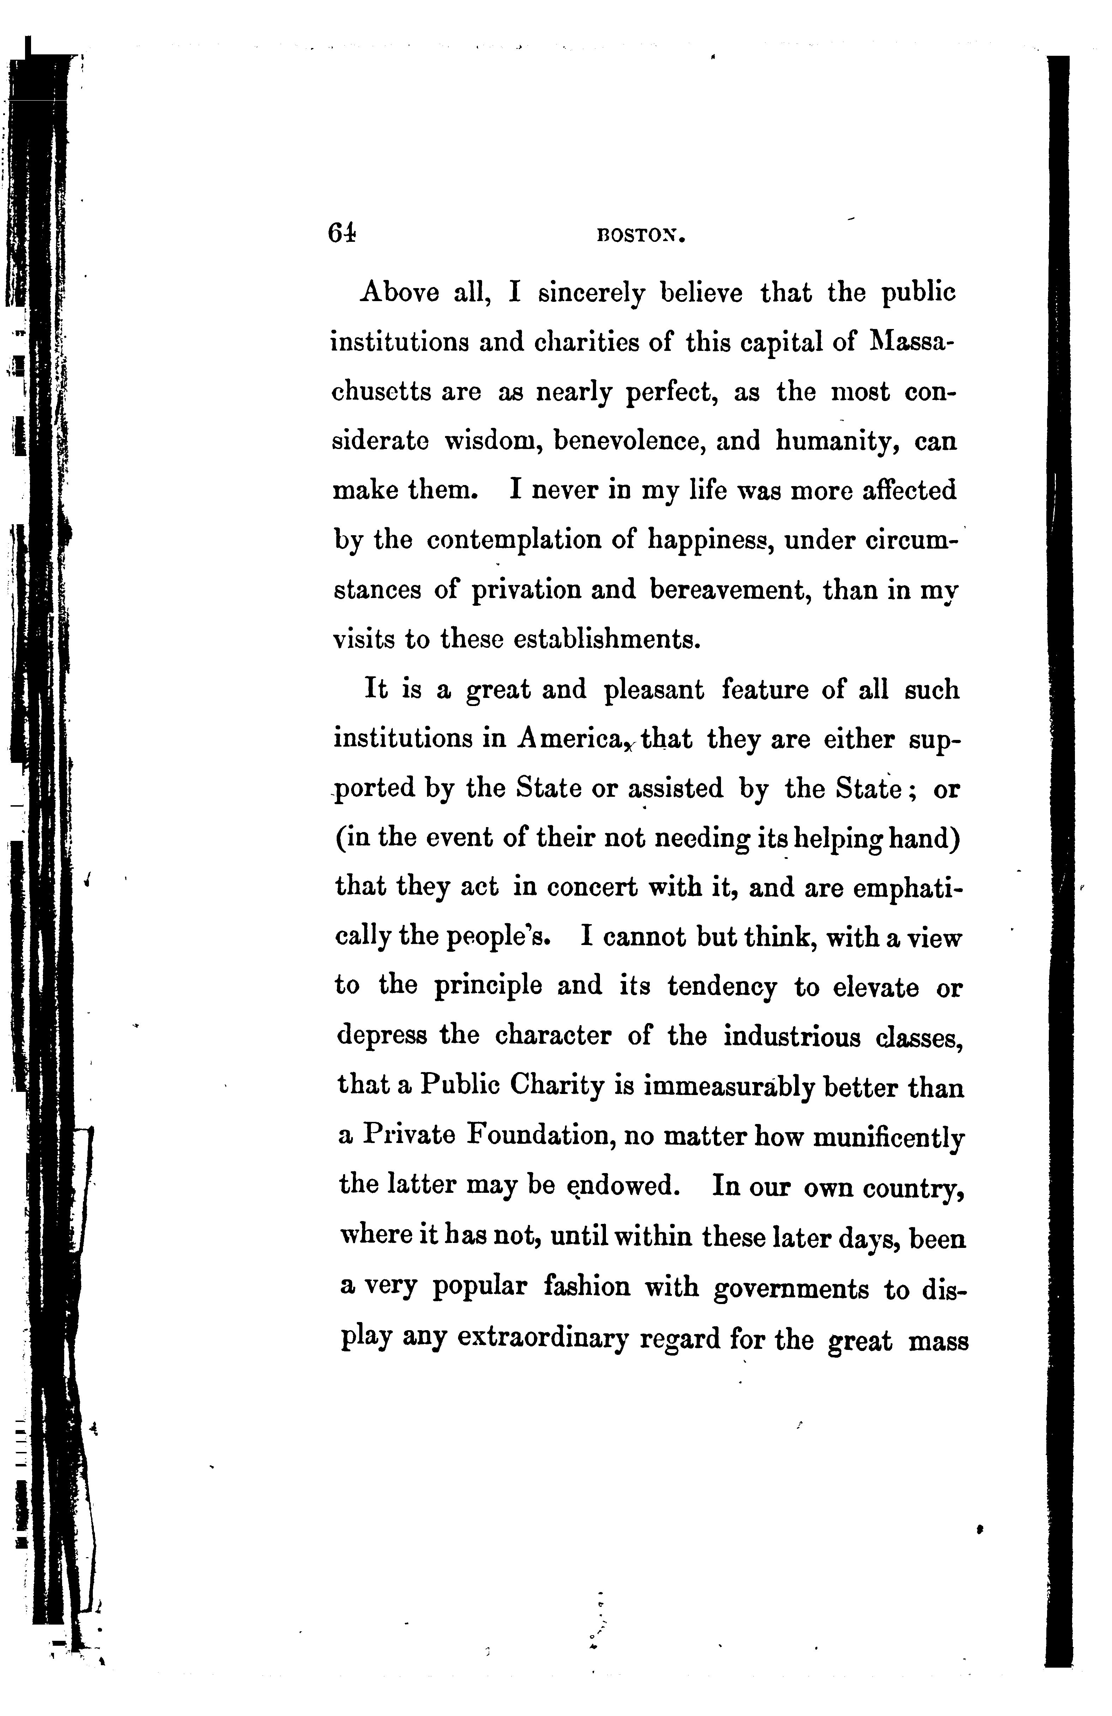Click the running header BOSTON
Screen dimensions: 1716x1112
tap(640, 236)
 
